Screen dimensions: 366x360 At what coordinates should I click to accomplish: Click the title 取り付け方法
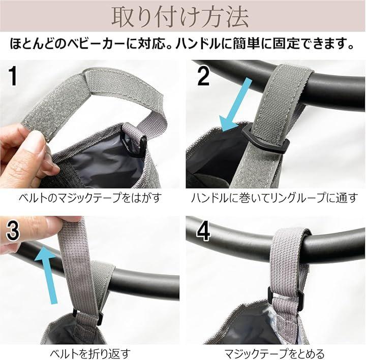[x=180, y=17]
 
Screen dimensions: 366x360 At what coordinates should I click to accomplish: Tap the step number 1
[x=13, y=76]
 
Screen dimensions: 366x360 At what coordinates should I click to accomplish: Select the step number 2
[x=203, y=76]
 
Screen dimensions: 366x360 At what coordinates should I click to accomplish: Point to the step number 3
[x=13, y=231]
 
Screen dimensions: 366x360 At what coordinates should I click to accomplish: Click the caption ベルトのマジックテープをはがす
[x=90, y=198]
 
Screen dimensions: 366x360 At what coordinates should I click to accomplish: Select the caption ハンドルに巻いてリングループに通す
[x=274, y=198]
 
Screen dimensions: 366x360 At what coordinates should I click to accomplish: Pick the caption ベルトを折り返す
[x=90, y=353]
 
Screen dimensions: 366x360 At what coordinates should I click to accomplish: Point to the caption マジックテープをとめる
[x=274, y=353]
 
